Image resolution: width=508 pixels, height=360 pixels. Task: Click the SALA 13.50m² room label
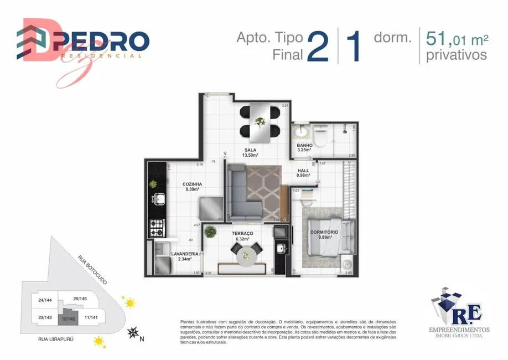(252, 152)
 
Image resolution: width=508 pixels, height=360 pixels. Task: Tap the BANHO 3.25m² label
(304, 147)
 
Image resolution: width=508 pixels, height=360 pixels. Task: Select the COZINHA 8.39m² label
(192, 186)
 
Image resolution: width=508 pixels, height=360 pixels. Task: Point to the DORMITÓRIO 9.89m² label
(321, 234)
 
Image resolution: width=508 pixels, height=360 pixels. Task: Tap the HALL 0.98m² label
(303, 173)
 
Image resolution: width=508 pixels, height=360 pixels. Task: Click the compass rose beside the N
(133, 333)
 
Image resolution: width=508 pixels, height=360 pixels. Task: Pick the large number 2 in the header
(318, 47)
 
